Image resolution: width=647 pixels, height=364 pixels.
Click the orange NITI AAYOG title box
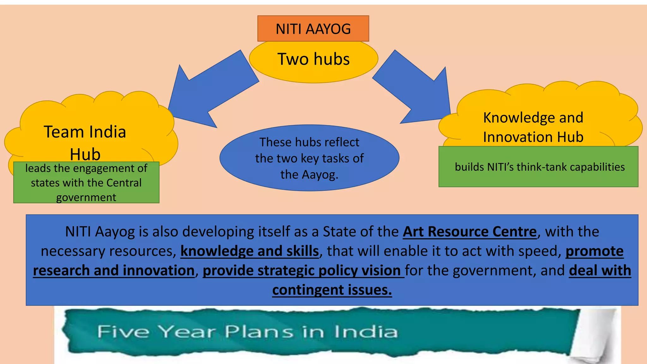[x=313, y=29]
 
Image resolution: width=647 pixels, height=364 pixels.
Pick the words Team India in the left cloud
[x=85, y=132]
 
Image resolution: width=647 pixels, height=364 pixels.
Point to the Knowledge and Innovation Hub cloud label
[x=533, y=127]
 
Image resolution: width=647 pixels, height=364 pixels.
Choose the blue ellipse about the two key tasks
[x=309, y=158]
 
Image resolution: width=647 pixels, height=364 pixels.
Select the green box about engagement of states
[x=86, y=182]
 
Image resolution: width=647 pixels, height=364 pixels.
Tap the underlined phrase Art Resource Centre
[x=469, y=232]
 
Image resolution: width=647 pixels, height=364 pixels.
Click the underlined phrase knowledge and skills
[x=250, y=251]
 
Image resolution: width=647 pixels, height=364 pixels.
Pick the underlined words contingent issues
[x=332, y=290]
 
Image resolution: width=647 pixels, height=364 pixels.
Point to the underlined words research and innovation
[x=114, y=271]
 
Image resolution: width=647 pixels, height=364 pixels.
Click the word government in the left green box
[x=86, y=197]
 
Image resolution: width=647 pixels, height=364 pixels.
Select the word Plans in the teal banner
[x=259, y=332]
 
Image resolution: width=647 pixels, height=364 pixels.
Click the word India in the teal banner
[x=366, y=332]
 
